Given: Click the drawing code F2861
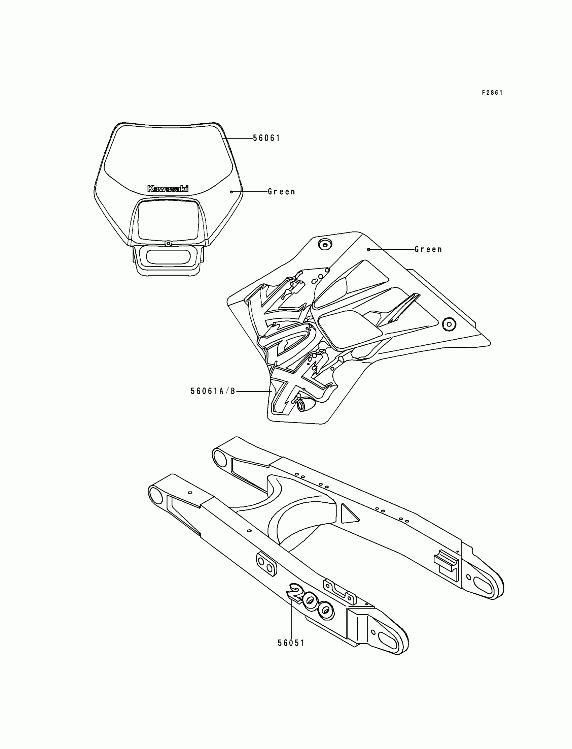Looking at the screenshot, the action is (x=492, y=93).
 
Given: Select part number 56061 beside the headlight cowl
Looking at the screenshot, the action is (x=266, y=138).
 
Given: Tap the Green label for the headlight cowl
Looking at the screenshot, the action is (x=281, y=192).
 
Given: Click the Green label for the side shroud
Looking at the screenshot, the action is (x=428, y=250).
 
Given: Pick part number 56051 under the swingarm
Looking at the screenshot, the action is (x=291, y=643).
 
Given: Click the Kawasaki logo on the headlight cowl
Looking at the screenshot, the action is (x=168, y=189).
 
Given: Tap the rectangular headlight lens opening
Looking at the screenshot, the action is (x=168, y=220).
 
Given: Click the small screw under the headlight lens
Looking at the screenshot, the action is (x=168, y=244).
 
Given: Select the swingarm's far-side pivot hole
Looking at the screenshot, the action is (x=219, y=456).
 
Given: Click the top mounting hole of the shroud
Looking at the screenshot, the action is (x=324, y=244).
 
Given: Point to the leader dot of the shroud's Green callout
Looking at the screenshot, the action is (x=369, y=250).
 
